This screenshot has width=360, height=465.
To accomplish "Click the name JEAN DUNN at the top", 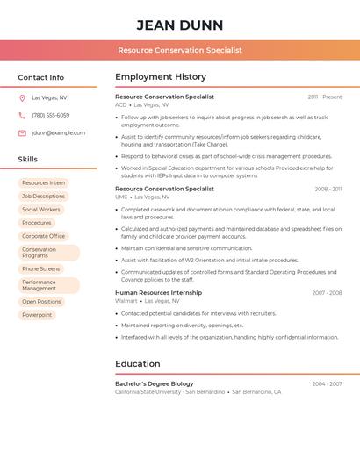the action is (x=180, y=25).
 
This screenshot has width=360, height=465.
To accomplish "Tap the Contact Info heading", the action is (x=40, y=77).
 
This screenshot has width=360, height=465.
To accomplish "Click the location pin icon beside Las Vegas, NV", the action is (x=22, y=98).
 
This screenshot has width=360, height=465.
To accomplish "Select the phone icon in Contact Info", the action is (x=22, y=116).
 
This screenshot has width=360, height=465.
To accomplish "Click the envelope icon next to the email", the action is (x=22, y=133).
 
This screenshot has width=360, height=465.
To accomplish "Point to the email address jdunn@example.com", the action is (x=59, y=133).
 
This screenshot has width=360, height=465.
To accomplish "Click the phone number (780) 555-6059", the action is (x=51, y=116).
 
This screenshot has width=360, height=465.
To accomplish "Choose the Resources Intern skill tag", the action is (x=43, y=183).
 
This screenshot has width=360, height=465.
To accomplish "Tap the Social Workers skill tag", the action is (x=41, y=210).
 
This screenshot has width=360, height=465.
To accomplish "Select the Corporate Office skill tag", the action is (x=43, y=236).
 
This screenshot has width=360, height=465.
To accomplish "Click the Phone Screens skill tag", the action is (x=41, y=269).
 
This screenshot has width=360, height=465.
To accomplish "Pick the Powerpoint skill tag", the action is (x=37, y=315).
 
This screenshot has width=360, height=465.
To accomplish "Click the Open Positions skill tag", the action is (x=41, y=302).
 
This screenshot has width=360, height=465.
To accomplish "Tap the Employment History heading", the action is (x=160, y=77).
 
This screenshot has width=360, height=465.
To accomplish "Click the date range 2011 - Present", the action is (x=325, y=97).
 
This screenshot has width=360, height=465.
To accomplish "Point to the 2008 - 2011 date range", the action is (x=328, y=189).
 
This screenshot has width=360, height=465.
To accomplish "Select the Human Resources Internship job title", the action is (x=158, y=293).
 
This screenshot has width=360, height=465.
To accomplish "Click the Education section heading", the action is (x=138, y=364).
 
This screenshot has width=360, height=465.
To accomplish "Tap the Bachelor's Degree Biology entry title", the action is (x=155, y=383).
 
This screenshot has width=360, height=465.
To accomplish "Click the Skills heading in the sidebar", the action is (x=28, y=160).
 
